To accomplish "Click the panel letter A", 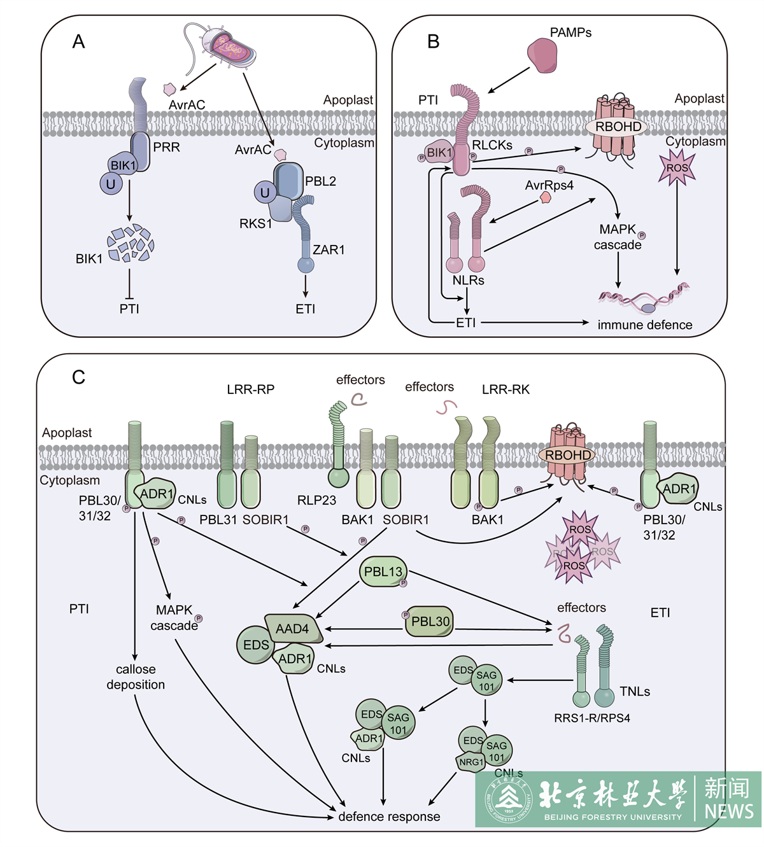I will (x=78, y=42).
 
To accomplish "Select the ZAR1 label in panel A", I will (x=329, y=250).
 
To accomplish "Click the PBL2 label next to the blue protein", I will (x=320, y=181).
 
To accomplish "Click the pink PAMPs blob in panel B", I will (x=542, y=55).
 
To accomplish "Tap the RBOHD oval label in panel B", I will (x=618, y=127).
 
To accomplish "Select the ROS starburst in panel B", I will (x=677, y=168).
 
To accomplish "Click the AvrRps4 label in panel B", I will (x=549, y=185).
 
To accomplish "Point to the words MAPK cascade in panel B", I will (x=618, y=237).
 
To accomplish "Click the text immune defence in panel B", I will (x=644, y=325).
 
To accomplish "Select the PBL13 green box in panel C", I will (x=383, y=572).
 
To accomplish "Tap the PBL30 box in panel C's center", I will (x=430, y=621).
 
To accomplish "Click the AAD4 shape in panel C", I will (x=293, y=629).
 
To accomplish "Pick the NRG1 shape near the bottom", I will (x=472, y=762).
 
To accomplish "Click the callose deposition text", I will (x=136, y=677).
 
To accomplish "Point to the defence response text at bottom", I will (x=389, y=816).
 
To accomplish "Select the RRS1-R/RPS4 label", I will (x=592, y=718).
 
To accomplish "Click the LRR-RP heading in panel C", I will (x=250, y=389).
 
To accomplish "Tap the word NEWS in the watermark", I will (x=728, y=811).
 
